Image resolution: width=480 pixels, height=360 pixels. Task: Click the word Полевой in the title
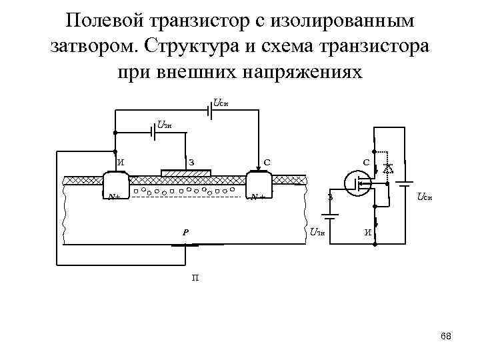pos(107,21)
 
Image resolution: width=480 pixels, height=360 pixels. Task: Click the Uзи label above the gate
pos(165,124)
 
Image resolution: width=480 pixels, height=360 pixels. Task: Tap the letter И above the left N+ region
pos(121,161)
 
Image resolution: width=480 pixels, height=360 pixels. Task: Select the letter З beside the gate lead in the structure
pos(191,161)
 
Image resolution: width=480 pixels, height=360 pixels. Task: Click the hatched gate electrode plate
pos(186,173)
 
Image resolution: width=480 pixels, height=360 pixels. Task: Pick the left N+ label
pos(115,197)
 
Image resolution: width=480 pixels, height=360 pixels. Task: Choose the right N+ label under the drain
pos(257,197)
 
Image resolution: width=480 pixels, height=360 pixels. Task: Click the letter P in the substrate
pos(186,233)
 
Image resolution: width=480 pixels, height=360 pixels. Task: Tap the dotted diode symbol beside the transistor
pos(387,169)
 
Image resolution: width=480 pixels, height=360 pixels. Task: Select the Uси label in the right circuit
pos(424,197)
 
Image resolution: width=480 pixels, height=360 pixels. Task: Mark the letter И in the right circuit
pos(367,233)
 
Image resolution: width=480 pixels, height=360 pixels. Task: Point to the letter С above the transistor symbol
pos(366,161)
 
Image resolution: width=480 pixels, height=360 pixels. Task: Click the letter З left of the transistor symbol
pos(329,197)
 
